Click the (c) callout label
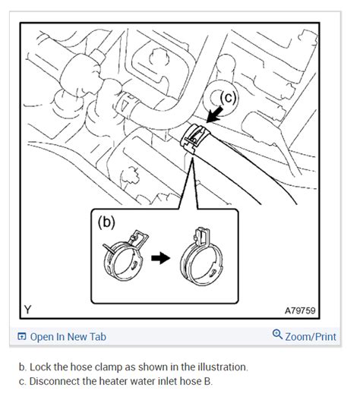pos(228,98)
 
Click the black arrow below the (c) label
pos(215,115)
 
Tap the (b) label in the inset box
pos(106,222)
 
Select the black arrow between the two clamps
pos(161,258)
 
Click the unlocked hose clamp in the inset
pos(125,257)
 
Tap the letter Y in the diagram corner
pos(27,309)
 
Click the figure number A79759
pos(300,310)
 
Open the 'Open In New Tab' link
pos(68,337)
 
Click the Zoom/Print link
pos(311,336)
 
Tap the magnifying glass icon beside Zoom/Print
pos(277,334)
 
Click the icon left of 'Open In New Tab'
pos(22,336)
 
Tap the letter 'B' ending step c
pos(207,381)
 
